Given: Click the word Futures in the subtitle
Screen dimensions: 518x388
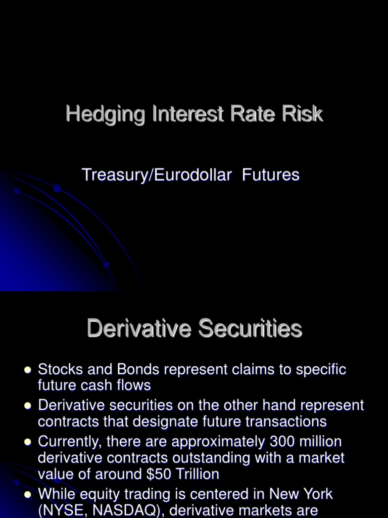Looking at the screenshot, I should tap(271, 175).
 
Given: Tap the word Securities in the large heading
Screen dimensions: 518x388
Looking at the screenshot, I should tap(250, 329).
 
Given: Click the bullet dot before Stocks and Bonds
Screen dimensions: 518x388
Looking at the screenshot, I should tap(28, 370).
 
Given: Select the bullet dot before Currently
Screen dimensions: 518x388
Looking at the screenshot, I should tap(28, 442).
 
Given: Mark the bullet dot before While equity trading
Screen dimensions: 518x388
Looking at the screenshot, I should tap(28, 494).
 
